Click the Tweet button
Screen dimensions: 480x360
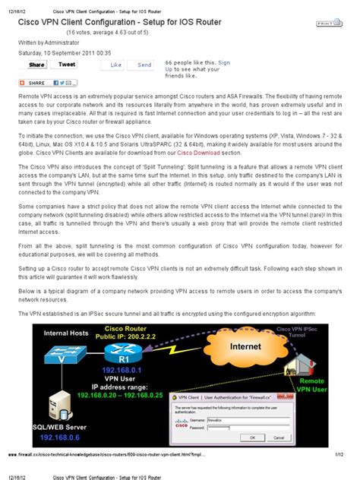tap(68, 65)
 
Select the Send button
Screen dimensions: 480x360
tap(144, 66)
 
